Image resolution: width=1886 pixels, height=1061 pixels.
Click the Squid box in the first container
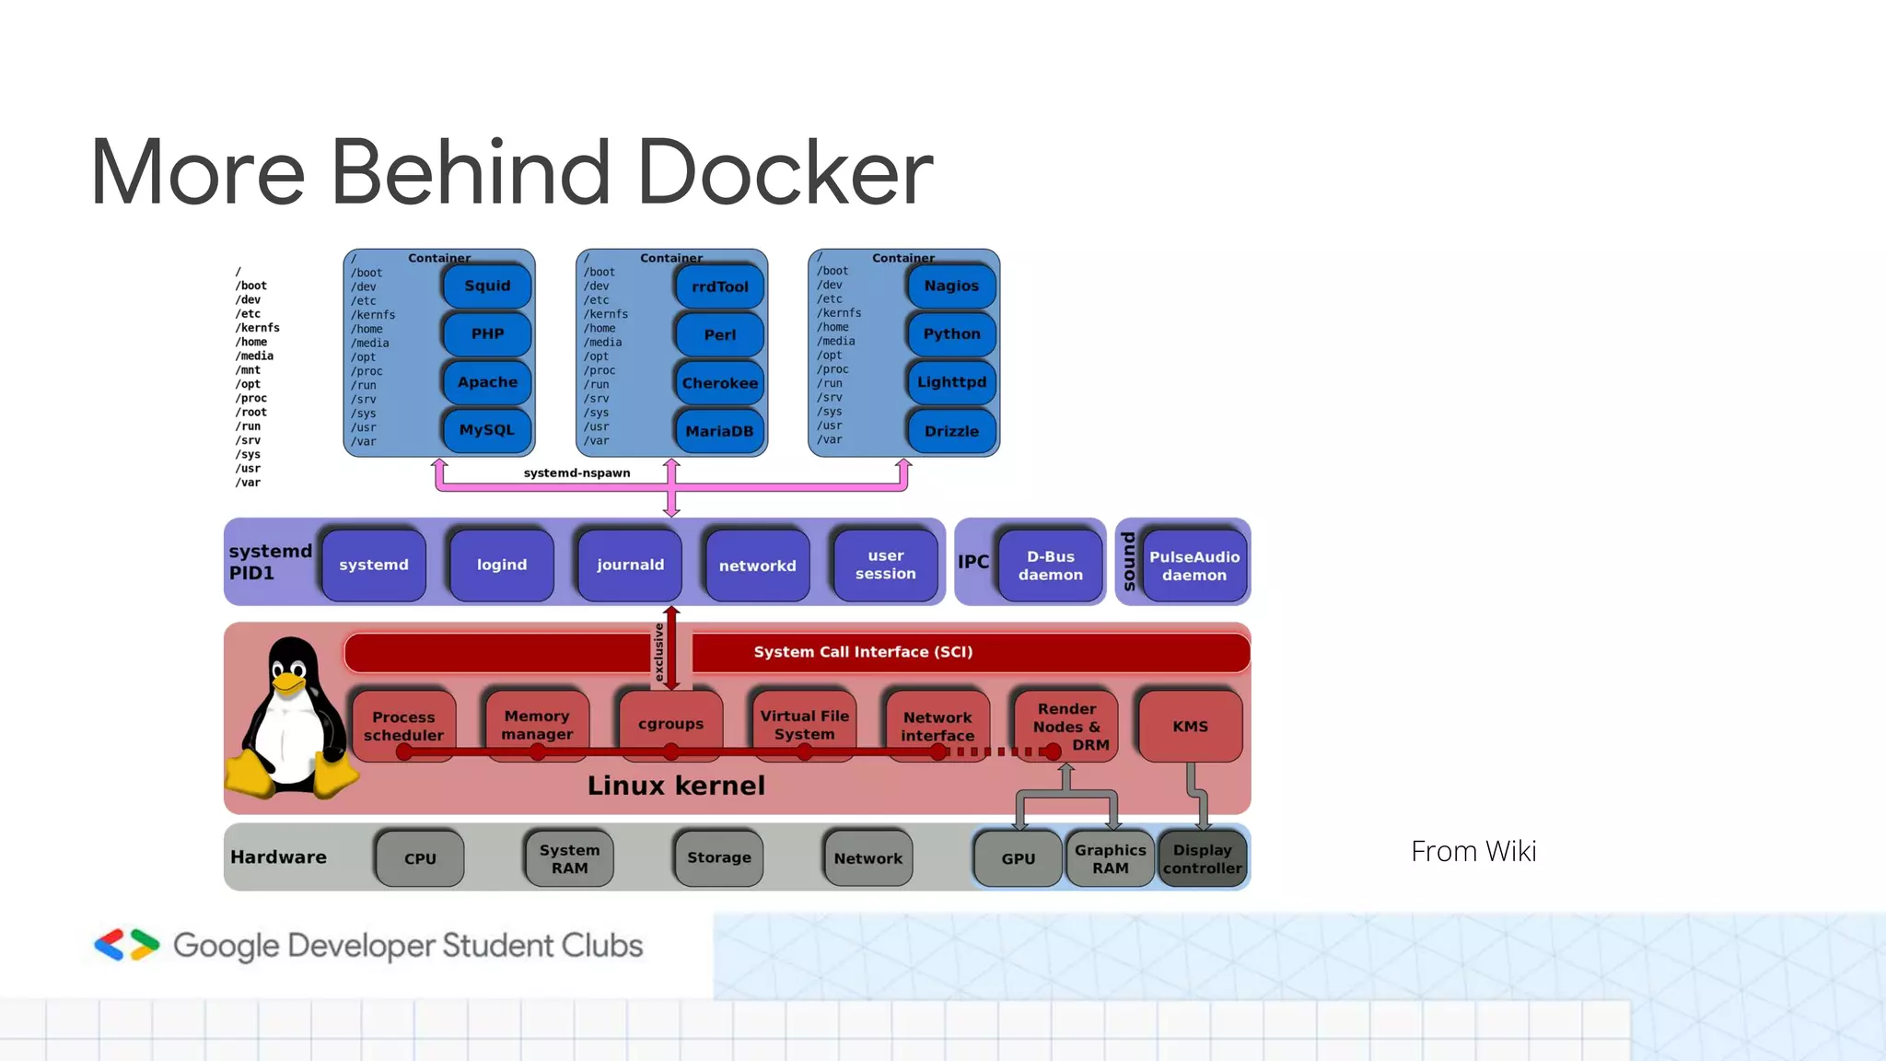click(x=487, y=286)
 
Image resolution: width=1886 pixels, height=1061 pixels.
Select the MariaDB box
click(x=719, y=431)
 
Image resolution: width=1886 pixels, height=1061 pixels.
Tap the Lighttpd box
click(x=951, y=382)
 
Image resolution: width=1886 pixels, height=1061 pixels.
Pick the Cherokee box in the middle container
click(x=719, y=383)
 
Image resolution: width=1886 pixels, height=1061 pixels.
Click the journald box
click(x=630, y=565)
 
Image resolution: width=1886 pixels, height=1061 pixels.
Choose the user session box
click(x=885, y=565)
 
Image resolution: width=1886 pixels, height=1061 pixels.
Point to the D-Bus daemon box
click(x=1050, y=565)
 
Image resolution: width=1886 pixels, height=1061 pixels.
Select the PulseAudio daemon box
click(x=1193, y=565)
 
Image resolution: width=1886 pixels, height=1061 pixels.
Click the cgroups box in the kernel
click(x=670, y=724)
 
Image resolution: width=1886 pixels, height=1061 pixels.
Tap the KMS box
click(x=1190, y=726)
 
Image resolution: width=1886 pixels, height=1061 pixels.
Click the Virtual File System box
click(x=804, y=725)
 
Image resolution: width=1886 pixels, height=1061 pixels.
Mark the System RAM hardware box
click(x=569, y=858)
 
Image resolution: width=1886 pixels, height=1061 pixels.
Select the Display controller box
click(x=1202, y=858)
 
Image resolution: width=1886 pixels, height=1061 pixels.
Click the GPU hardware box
click(x=1018, y=858)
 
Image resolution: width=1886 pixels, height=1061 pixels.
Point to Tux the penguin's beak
click(x=289, y=683)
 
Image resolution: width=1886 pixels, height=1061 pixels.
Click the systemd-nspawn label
click(x=576, y=472)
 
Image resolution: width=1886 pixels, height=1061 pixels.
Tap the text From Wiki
click(x=1473, y=851)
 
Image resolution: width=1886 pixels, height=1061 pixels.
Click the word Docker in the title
click(x=785, y=172)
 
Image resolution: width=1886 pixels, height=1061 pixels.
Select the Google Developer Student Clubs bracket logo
click(x=127, y=945)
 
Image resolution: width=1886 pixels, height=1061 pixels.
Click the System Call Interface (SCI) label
click(x=863, y=652)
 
